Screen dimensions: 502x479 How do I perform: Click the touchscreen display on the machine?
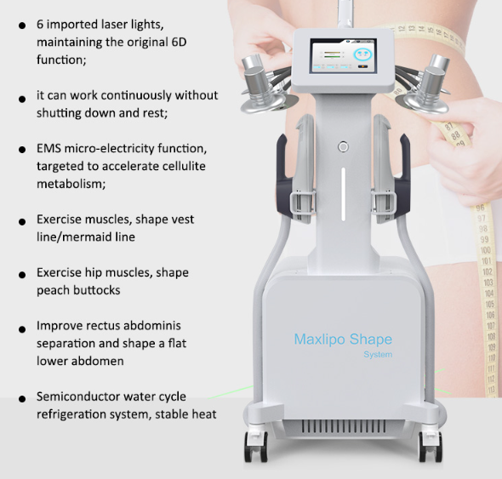pyautogui.click(x=343, y=55)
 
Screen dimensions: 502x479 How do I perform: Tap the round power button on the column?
pyautogui.click(x=343, y=147)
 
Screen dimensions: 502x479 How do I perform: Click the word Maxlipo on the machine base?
pyautogui.click(x=320, y=339)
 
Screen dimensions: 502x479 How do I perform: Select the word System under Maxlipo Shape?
pyautogui.click(x=378, y=355)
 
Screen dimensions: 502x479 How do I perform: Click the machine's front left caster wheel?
pyautogui.click(x=255, y=447)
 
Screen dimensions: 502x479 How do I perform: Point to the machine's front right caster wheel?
pyautogui.click(x=431, y=447)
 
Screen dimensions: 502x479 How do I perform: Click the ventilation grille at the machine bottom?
pyautogui.click(x=344, y=427)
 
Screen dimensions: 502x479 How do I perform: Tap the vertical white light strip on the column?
pyautogui.click(x=343, y=194)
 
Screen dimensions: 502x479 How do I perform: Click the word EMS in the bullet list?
pyautogui.click(x=48, y=149)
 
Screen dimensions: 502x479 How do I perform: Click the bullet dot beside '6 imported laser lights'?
pyautogui.click(x=22, y=26)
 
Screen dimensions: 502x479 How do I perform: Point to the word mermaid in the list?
pyautogui.click(x=86, y=237)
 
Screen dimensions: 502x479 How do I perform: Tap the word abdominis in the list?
pyautogui.click(x=152, y=326)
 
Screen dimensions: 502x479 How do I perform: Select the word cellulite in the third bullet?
pyautogui.click(x=185, y=166)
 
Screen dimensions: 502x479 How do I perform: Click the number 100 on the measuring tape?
pyautogui.click(x=485, y=250)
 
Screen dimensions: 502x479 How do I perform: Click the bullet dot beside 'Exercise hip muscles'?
pyautogui.click(x=22, y=275)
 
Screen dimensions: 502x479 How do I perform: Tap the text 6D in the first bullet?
pyautogui.click(x=179, y=43)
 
